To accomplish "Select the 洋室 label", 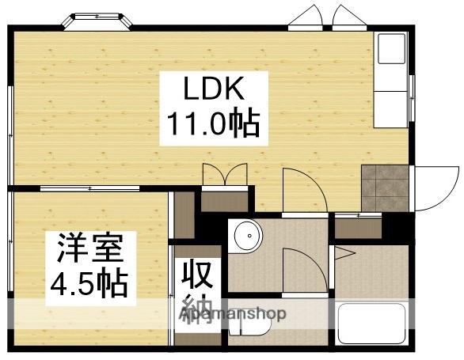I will (x=89, y=249).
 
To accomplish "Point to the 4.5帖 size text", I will (x=89, y=283).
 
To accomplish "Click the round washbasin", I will (x=246, y=234).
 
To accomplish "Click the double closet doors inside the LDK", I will (x=225, y=176).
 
